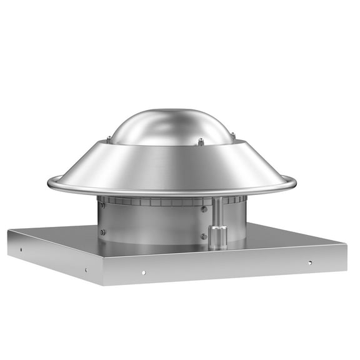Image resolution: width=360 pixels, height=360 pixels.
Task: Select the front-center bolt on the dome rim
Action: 201,141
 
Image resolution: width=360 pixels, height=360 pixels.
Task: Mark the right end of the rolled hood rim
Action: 294,182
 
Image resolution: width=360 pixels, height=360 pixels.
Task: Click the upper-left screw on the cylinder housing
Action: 102,206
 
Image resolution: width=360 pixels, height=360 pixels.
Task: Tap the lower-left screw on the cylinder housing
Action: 103,232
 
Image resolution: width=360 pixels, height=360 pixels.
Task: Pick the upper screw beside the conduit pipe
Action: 204,209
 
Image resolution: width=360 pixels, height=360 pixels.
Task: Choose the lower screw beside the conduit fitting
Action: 204,236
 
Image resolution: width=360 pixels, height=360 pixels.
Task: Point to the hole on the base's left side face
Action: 21,248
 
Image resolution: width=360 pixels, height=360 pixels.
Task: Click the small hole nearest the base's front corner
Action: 86,270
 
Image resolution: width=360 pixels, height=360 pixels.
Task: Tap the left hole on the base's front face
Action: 143,272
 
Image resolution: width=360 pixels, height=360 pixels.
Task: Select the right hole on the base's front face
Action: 309,262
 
